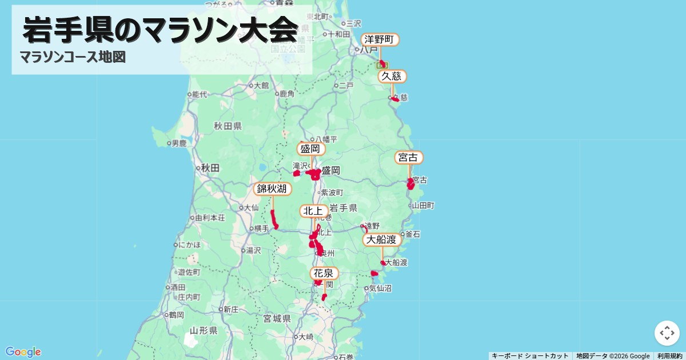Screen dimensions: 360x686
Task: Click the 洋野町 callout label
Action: pyautogui.click(x=380, y=39)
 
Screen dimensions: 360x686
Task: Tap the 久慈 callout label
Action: pyautogui.click(x=392, y=77)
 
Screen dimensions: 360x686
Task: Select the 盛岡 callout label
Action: pyautogui.click(x=311, y=149)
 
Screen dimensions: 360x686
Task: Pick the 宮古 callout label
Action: pyautogui.click(x=409, y=158)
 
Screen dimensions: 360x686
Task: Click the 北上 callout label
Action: pyautogui.click(x=314, y=211)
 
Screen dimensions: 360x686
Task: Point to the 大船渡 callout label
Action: pyautogui.click(x=382, y=239)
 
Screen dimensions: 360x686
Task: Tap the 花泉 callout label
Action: pyautogui.click(x=324, y=273)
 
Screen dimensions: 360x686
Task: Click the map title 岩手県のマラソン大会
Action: pyautogui.click(x=160, y=30)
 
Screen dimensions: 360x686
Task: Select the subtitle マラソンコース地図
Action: pyautogui.click(x=73, y=57)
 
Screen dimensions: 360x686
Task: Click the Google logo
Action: pyautogui.click(x=23, y=351)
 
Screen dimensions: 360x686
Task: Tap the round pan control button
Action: pyautogui.click(x=667, y=333)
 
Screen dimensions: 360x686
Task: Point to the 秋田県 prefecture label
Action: pyautogui.click(x=228, y=126)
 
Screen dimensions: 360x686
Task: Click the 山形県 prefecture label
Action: pyautogui.click(x=203, y=331)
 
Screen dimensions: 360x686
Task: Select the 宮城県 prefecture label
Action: pyautogui.click(x=277, y=318)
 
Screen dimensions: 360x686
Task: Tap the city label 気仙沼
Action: pyautogui.click(x=381, y=289)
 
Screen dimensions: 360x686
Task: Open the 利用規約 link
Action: pyautogui.click(x=669, y=356)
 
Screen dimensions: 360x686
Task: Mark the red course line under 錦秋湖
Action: pyautogui.click(x=273, y=218)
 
